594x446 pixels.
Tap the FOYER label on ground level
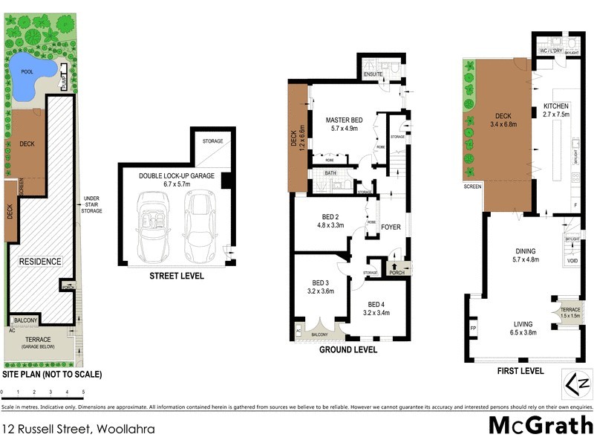[391, 228]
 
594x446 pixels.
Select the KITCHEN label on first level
[556, 106]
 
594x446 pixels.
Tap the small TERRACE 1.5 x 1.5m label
[569, 312]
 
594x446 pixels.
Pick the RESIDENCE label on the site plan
[41, 261]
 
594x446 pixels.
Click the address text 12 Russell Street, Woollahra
[72, 429]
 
